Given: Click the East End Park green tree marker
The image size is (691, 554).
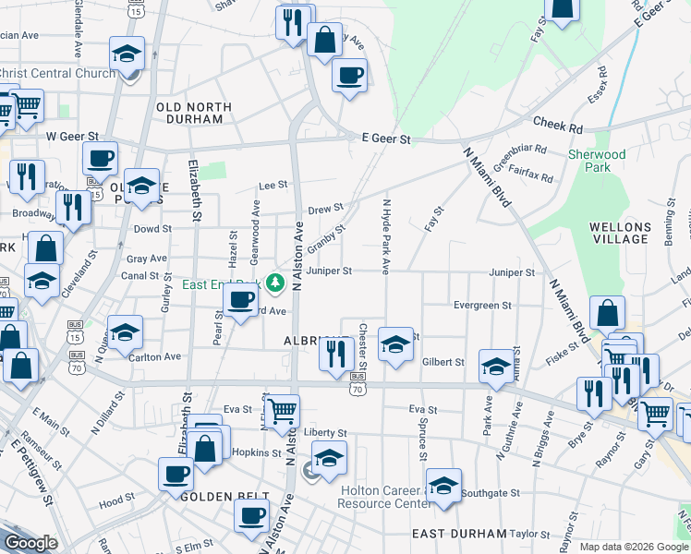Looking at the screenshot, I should pos(274,283).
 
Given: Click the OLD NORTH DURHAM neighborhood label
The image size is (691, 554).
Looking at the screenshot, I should pos(189,113).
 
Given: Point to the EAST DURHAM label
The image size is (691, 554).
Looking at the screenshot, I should pos(459,534).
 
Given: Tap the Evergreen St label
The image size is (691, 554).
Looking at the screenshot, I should pos(482,305).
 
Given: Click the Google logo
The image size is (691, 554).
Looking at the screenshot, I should pos(30,543).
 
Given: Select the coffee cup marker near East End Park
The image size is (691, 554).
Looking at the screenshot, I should pos(241,301).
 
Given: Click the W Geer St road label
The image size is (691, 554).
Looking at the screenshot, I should pos(72,137).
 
